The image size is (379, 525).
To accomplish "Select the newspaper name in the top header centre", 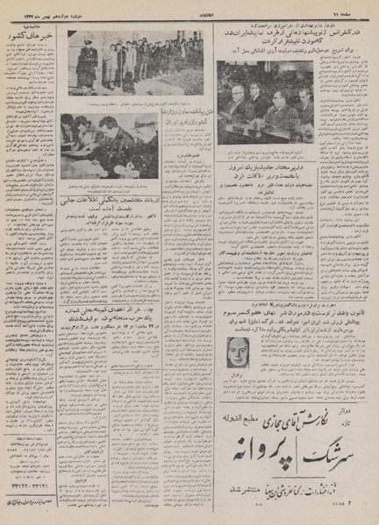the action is click(x=188, y=10).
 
